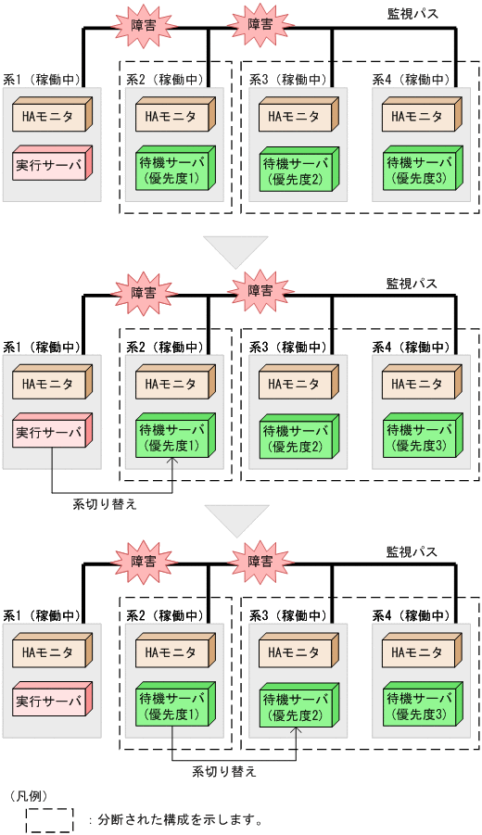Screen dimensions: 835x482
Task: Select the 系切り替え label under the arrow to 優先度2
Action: [224, 770]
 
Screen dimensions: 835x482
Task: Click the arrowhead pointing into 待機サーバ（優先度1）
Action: [173, 460]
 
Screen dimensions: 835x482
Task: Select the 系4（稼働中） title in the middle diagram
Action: [412, 348]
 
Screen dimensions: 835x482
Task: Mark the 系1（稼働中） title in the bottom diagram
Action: [41, 615]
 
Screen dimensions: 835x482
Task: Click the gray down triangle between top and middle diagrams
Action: [235, 251]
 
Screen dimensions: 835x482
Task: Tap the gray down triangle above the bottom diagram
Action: [236, 519]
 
